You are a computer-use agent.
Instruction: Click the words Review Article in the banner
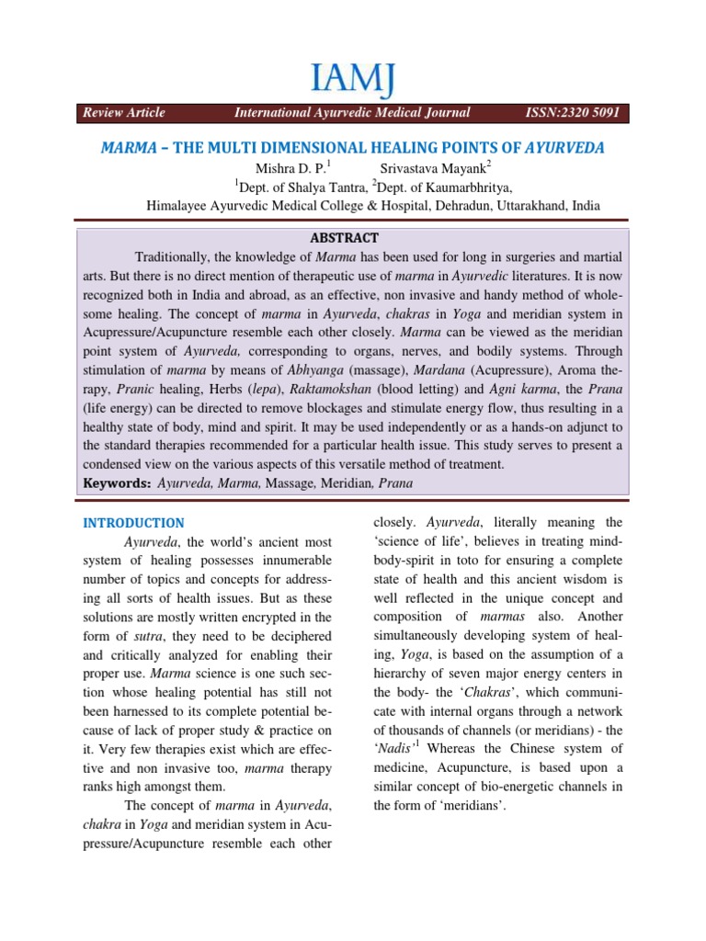click(x=124, y=113)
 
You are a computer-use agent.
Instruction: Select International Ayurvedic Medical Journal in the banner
click(x=352, y=113)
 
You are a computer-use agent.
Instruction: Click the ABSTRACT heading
click(x=353, y=236)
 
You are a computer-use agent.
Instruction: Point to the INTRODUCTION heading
click(x=133, y=523)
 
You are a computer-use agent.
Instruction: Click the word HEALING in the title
click(x=393, y=148)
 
